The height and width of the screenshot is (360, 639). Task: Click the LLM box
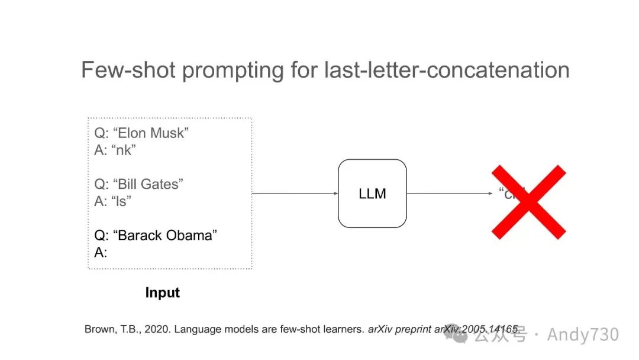pos(372,194)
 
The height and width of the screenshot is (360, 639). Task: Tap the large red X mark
pos(529,202)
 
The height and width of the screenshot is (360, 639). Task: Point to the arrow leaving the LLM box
pos(450,194)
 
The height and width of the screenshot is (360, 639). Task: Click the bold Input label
pos(162,292)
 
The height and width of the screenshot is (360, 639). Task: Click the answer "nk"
pos(123,150)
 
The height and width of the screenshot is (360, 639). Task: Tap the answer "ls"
pos(121,201)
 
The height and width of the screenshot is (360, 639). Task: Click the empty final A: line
pos(101,252)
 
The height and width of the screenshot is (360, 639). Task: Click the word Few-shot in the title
pos(127,70)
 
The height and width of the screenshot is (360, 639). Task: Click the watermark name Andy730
pos(583,335)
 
